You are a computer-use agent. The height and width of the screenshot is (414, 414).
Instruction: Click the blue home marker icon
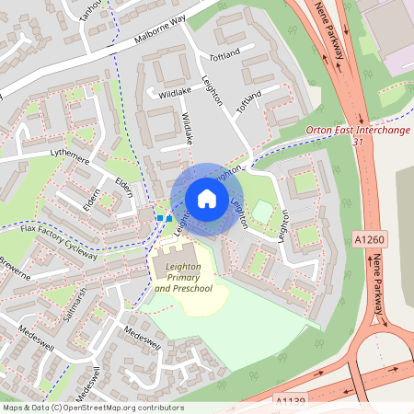coord(207,199)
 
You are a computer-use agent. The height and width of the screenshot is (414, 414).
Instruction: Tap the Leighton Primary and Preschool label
coord(183,277)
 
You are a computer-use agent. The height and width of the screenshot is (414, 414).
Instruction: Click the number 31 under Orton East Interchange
coord(358,141)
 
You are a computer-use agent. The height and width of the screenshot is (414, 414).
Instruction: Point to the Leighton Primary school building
coord(179,252)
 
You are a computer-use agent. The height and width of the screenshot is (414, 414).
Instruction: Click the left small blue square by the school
coord(159,218)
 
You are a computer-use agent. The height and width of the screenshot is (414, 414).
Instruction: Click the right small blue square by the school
coord(168,218)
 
